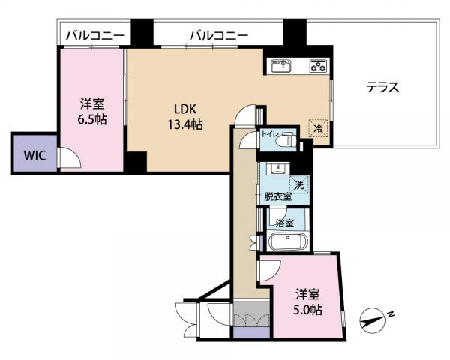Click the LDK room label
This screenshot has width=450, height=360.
[187, 108]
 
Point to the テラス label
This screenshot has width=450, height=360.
[382, 87]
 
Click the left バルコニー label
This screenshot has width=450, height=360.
[89, 34]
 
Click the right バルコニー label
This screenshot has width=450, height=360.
[218, 34]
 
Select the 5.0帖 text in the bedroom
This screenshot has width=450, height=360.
[307, 308]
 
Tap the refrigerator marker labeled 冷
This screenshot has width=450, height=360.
[318, 129]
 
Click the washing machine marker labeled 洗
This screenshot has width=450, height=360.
[298, 184]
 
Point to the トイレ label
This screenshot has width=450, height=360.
[269, 136]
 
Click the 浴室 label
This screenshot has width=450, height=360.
[283, 223]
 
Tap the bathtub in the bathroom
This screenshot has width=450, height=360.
[286, 242]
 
